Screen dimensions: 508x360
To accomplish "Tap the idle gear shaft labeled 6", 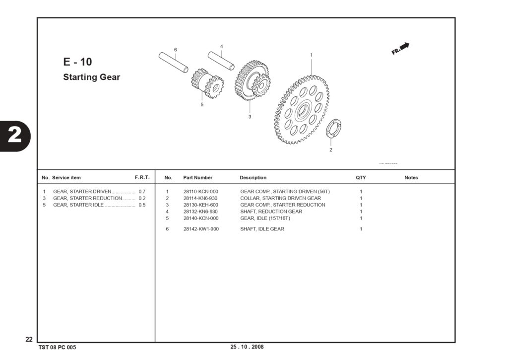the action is (x=173, y=62).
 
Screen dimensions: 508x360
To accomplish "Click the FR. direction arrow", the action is (x=400, y=49).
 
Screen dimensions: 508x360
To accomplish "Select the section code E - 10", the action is (x=77, y=62).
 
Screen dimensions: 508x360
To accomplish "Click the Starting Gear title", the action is (x=92, y=77).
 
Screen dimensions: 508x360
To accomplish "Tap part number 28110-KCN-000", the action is (x=201, y=192).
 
